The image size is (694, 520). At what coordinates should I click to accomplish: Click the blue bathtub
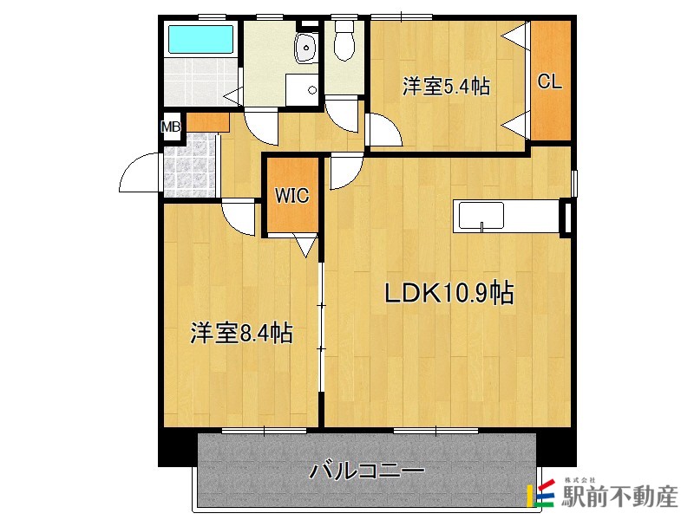coord(200,40)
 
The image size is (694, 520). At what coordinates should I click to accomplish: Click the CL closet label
coord(550,82)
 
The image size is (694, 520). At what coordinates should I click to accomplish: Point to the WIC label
coord(292,196)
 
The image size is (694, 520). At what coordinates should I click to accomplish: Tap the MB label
coord(172,127)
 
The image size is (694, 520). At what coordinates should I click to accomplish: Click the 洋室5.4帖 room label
coord(446,87)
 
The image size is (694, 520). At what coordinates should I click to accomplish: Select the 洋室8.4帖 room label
coord(241,332)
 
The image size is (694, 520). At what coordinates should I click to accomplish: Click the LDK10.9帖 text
coord(450,294)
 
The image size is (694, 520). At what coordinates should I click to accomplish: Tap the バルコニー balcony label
coord(368,472)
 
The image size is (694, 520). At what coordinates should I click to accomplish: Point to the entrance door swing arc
coord(139,173)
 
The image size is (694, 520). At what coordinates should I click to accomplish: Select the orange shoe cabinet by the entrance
coord(206,122)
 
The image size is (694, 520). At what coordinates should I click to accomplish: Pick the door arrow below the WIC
coord(305,245)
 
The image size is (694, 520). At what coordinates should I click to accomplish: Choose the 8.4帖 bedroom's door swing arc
coord(240,211)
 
